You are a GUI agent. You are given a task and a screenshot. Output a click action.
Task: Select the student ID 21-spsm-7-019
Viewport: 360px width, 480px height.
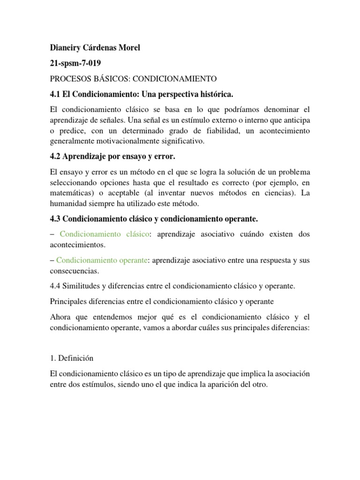coord(75,63)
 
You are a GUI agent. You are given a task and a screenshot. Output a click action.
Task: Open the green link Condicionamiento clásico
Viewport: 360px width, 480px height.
coord(104,234)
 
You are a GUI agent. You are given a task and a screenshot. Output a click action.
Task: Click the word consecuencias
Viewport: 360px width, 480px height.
coord(74,270)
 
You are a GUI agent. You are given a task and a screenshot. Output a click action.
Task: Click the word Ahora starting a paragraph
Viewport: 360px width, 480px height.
coord(60,317)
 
